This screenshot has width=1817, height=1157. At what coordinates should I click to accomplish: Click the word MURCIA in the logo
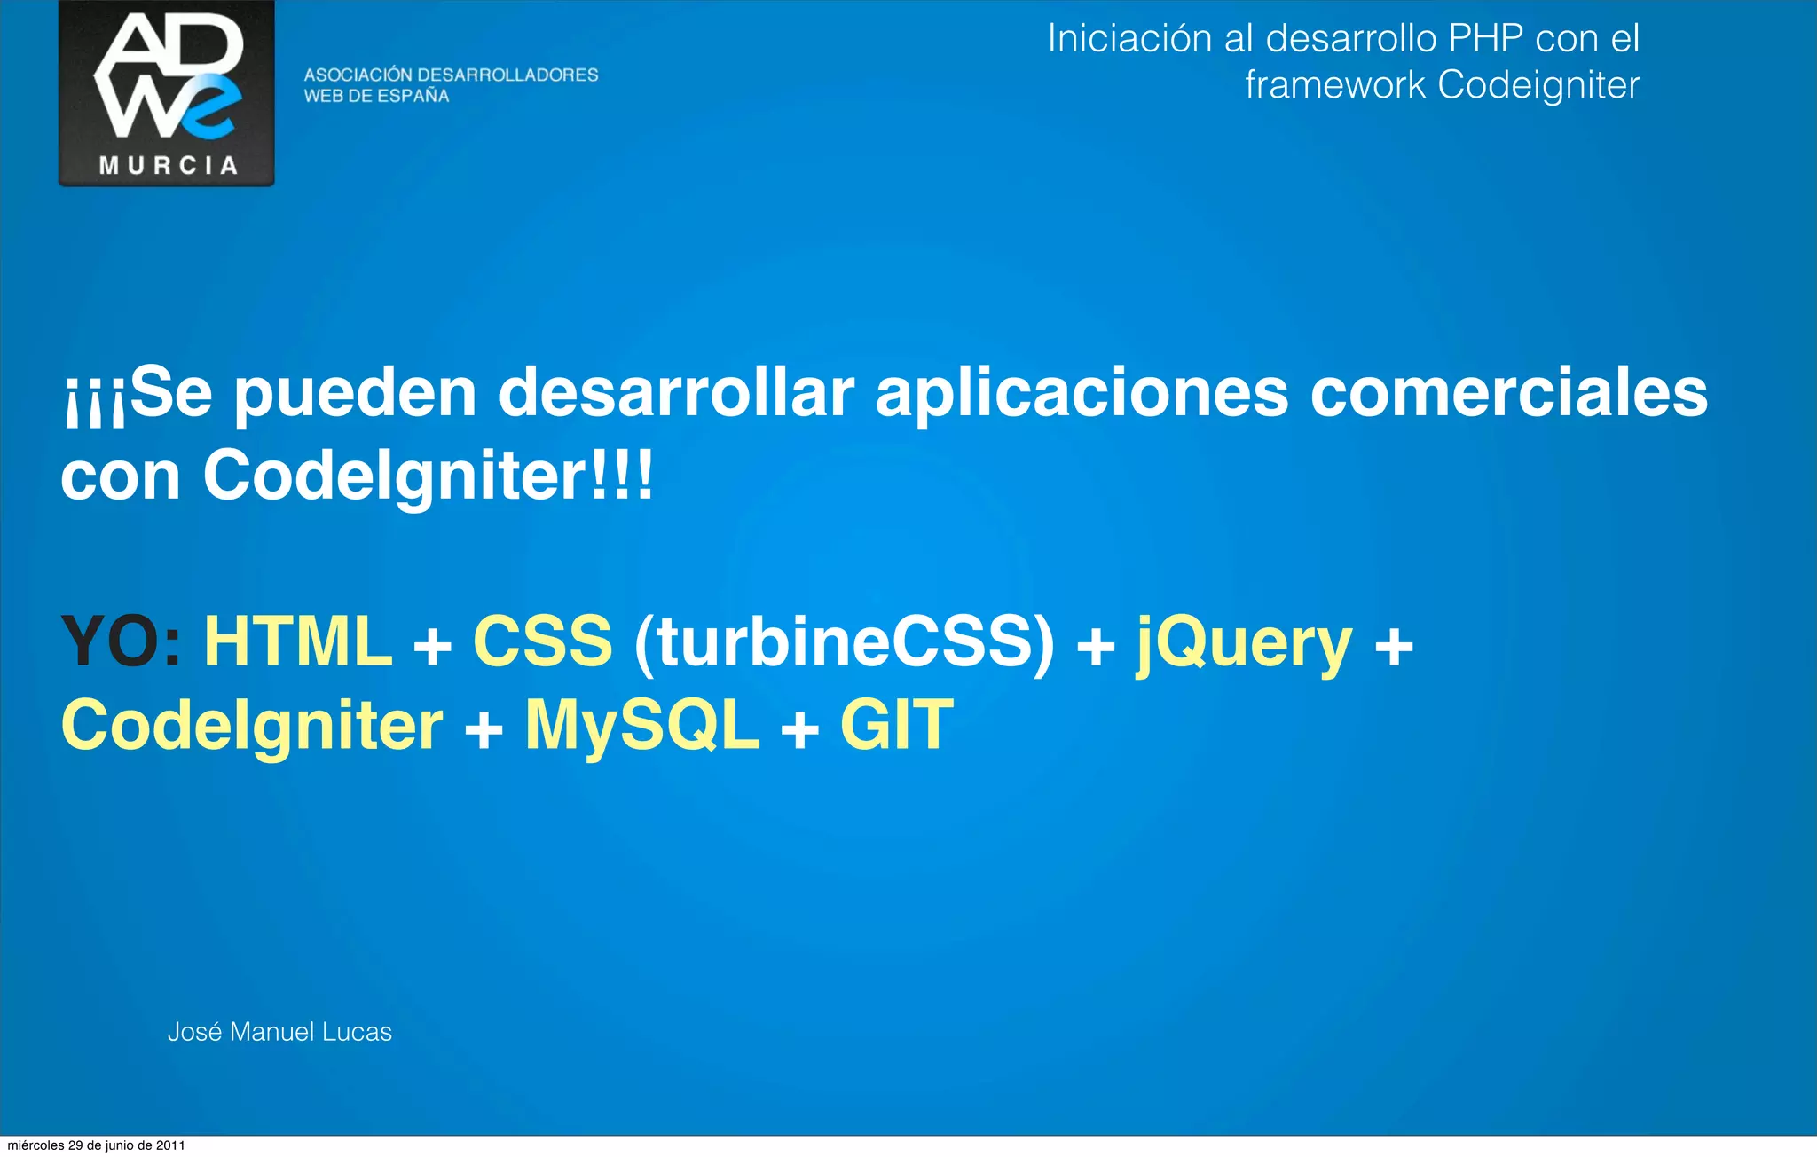point(168,166)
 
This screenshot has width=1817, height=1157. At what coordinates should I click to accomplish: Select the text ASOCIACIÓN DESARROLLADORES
point(451,75)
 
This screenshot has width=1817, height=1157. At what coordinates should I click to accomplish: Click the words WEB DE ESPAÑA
point(376,97)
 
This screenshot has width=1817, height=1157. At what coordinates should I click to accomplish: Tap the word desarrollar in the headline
point(676,393)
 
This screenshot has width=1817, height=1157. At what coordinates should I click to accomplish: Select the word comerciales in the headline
point(1508,393)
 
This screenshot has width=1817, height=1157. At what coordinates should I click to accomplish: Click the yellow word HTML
point(298,641)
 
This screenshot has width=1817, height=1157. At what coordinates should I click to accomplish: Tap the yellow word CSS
point(542,641)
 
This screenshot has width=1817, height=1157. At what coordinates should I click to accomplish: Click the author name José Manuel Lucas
point(279,1032)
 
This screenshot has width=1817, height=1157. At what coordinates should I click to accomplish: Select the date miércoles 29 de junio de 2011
point(96,1145)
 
